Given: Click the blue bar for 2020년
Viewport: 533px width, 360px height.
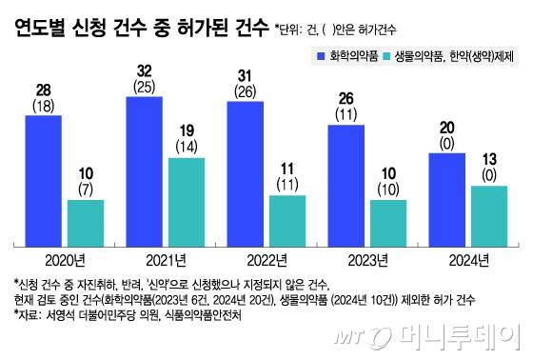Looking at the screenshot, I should [x=36, y=179].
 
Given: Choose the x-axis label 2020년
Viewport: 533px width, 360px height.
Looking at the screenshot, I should [x=63, y=259].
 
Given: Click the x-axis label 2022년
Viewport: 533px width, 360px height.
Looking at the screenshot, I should [x=266, y=259].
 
